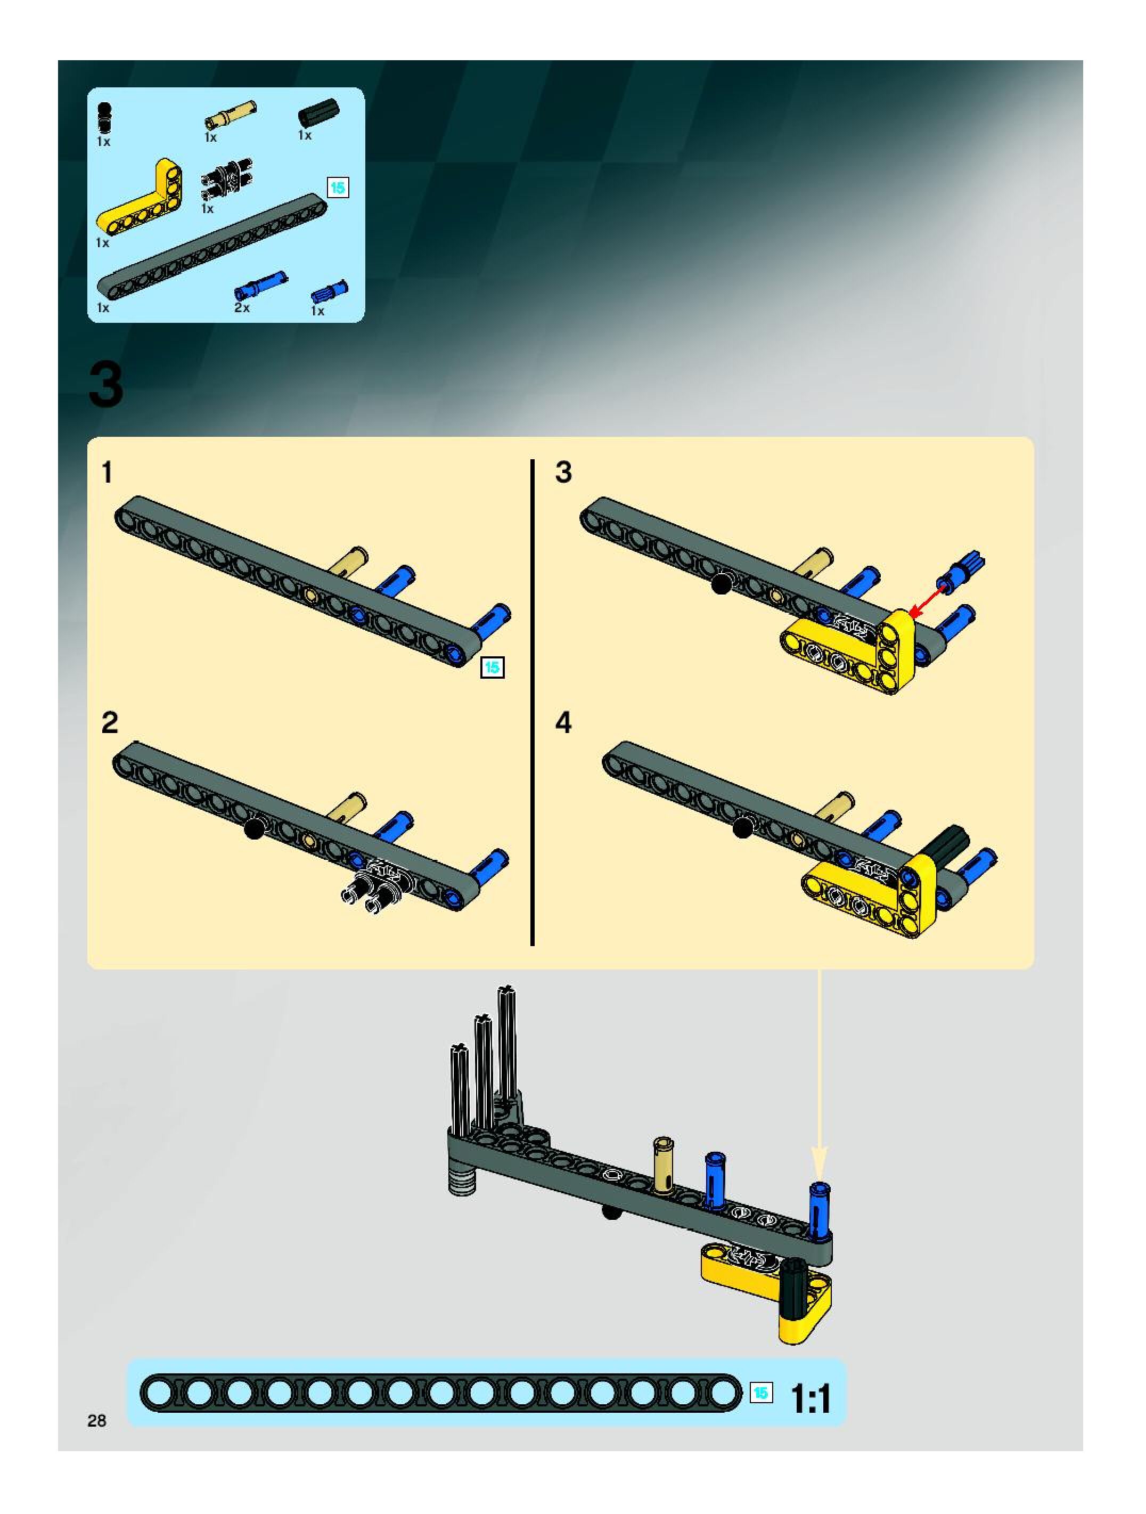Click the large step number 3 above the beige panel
tap(106, 385)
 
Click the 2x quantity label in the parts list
tap(242, 308)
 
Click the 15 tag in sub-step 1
tap(492, 668)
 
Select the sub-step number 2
tap(110, 723)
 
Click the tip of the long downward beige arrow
tap(820, 1182)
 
